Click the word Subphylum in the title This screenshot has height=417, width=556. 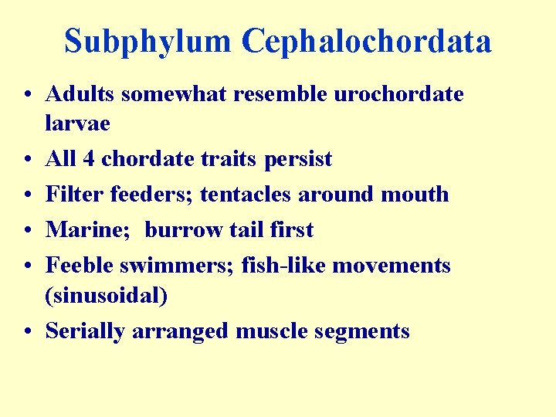(147, 42)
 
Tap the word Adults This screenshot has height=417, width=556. (80, 95)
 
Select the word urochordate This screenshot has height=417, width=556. (398, 95)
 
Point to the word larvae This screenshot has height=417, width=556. (78, 124)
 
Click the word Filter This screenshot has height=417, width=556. (75, 195)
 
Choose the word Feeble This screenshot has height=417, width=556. (80, 266)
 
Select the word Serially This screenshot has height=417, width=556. (86, 331)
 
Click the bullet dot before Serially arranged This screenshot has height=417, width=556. (28, 332)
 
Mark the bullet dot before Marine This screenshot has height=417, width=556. (28, 231)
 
